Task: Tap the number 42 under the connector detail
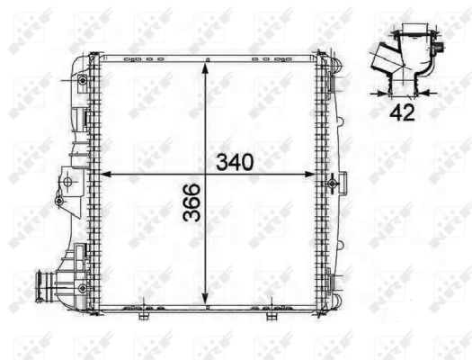(x=401, y=112)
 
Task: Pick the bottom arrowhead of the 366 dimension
(x=208, y=304)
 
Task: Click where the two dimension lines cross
(x=208, y=174)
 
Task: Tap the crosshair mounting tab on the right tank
(x=333, y=183)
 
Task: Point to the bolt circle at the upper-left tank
(x=84, y=81)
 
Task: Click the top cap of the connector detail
(x=414, y=40)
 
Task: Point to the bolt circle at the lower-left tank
(x=84, y=288)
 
